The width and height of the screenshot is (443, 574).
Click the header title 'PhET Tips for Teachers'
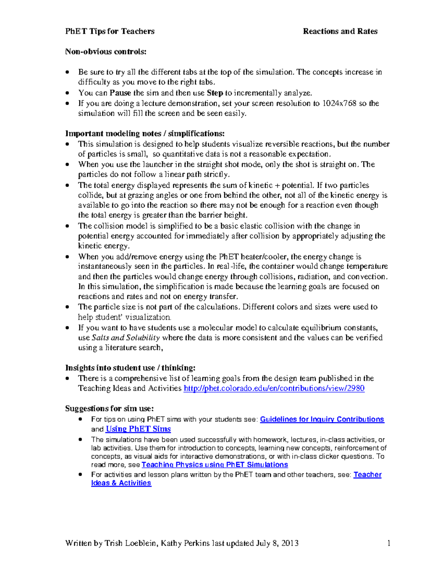110,31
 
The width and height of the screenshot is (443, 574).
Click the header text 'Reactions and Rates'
340,31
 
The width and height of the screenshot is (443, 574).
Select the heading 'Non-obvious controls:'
106,52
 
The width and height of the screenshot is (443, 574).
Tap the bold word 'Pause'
120,93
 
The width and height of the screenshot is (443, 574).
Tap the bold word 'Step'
215,93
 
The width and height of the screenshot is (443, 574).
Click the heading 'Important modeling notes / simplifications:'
145,134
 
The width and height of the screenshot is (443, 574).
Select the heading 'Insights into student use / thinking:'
130,368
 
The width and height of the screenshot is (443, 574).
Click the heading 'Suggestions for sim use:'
109,408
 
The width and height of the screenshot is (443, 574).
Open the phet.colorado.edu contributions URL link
274,388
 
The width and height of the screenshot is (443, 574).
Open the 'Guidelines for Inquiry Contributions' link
322,420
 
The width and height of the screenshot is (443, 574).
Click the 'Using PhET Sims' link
138,429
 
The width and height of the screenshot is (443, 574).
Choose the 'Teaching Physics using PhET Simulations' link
214,465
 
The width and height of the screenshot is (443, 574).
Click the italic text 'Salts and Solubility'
126,338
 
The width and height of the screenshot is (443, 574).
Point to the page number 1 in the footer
389,543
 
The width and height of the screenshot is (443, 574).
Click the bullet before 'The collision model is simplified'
67,226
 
